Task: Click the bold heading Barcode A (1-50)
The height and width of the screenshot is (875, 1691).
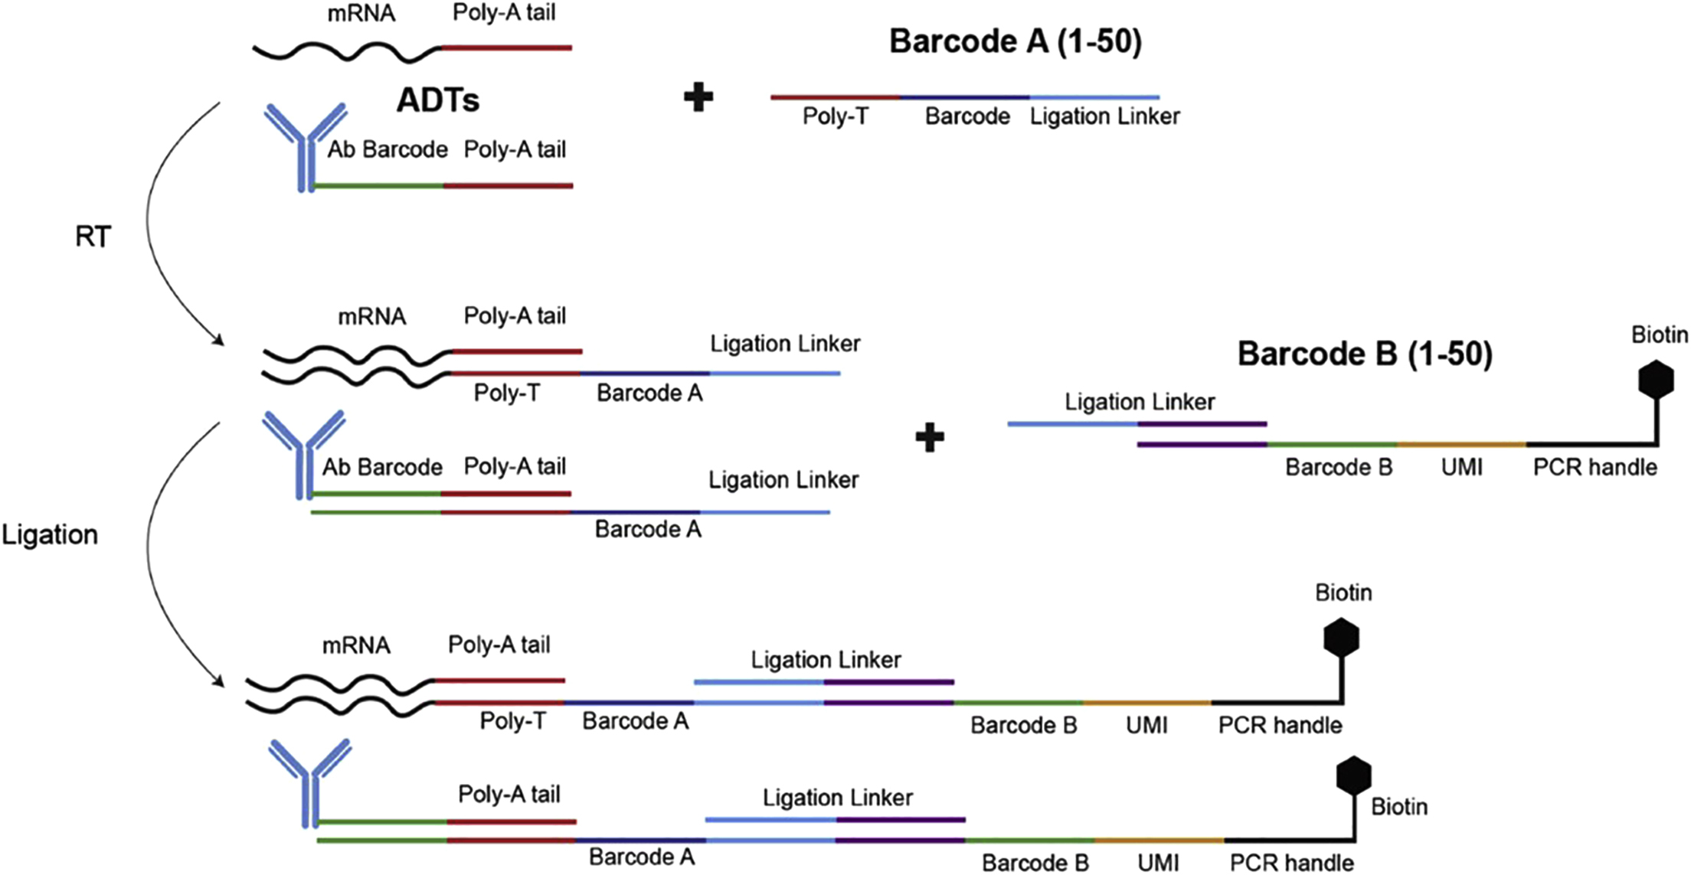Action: click(x=1015, y=41)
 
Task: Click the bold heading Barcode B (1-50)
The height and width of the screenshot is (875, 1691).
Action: click(x=1365, y=354)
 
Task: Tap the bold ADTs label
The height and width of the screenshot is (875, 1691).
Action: click(x=437, y=100)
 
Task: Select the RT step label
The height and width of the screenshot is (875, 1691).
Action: click(x=93, y=237)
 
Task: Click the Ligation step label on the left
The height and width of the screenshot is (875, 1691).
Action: click(x=50, y=534)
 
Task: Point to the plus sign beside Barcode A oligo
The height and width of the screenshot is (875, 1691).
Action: click(x=698, y=97)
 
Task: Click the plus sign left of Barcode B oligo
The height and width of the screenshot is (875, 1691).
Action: click(x=929, y=437)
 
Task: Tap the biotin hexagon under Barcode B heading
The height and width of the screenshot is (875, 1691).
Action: click(x=1656, y=380)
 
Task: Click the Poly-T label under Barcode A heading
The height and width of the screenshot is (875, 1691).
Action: click(x=835, y=116)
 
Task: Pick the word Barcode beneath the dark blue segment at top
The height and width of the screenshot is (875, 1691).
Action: click(x=967, y=116)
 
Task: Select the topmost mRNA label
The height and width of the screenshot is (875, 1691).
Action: click(x=361, y=13)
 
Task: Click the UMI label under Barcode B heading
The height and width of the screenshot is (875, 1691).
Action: click(x=1461, y=467)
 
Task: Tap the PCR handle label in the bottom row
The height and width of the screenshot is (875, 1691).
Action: click(x=1291, y=863)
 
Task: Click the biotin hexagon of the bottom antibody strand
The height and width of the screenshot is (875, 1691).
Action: click(x=1353, y=775)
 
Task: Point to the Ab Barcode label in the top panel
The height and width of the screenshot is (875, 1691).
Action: click(x=388, y=149)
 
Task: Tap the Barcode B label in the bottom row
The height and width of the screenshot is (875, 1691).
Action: click(x=1035, y=863)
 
